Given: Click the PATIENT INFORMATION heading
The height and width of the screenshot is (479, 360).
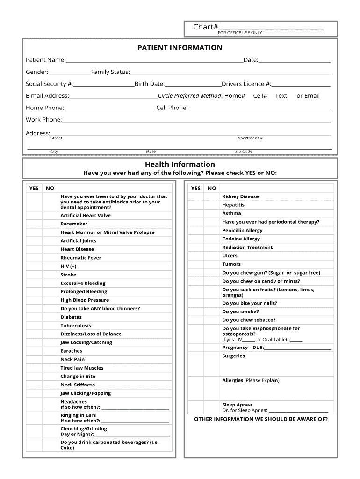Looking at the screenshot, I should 180,48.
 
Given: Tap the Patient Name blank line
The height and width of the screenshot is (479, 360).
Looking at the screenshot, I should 154,60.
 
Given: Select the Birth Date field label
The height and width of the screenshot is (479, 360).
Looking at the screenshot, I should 149,84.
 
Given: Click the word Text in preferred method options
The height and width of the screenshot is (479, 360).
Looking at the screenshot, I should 281,96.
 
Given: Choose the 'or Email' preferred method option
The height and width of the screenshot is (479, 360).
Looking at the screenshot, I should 308,96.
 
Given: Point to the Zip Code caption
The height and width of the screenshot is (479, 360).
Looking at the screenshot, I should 244,152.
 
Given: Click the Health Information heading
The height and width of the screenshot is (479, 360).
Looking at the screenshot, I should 180,164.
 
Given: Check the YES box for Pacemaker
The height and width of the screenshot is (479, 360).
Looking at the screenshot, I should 34,224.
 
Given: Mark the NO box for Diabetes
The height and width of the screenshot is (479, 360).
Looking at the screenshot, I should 50,317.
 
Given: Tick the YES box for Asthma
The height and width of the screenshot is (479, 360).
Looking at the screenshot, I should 195,213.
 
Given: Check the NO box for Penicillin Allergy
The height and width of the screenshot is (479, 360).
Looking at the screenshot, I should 212,231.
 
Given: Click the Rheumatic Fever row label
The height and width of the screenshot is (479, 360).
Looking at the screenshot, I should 80,258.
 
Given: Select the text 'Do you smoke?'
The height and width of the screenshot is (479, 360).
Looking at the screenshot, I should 240,312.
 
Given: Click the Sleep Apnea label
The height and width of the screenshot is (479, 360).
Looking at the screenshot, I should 237,405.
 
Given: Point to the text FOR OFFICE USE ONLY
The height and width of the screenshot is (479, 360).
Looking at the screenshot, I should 240,33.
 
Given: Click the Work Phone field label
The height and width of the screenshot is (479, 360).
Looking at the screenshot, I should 43,120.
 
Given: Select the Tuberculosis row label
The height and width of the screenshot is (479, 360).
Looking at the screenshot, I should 76,326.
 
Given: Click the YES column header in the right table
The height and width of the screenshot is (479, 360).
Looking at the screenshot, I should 195,188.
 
